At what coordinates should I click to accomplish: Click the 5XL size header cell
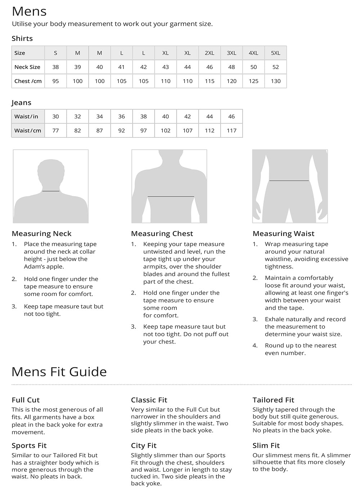275,53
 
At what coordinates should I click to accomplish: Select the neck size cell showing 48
231,67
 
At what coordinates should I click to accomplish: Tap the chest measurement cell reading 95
55,81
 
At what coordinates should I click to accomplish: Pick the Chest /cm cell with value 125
253,81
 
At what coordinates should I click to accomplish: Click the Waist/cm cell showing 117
231,130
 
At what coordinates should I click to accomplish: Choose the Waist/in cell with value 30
55,116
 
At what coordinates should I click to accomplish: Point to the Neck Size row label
27,67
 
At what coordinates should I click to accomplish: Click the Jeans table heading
22,103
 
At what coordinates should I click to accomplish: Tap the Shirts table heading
22,39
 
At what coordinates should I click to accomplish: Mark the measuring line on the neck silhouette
51,191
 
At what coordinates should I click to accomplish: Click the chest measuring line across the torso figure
171,196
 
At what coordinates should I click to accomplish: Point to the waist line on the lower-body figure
289,180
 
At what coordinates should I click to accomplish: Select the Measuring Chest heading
162,234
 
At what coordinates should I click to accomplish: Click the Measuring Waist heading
283,234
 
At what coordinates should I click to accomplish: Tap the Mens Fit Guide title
59,371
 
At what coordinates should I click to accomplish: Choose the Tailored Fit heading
273,400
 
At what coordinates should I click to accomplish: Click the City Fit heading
144,446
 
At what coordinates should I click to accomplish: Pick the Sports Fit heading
29,446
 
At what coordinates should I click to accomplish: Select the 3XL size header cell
231,53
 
